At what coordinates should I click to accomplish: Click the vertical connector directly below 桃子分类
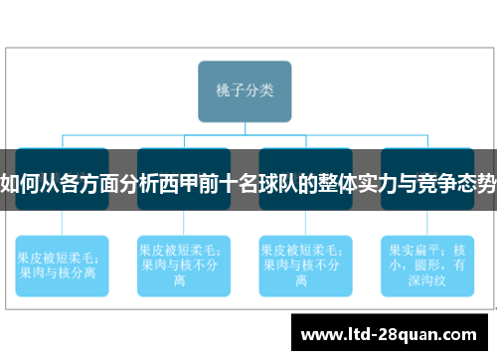pos(245,127)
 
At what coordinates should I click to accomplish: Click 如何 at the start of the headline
pos(20,185)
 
